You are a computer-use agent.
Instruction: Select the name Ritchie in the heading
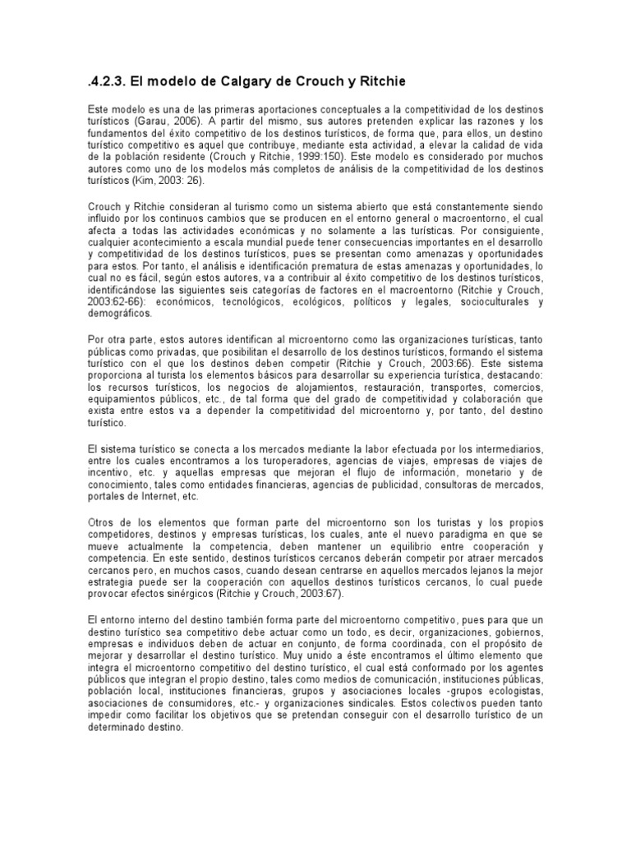coord(378,81)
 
